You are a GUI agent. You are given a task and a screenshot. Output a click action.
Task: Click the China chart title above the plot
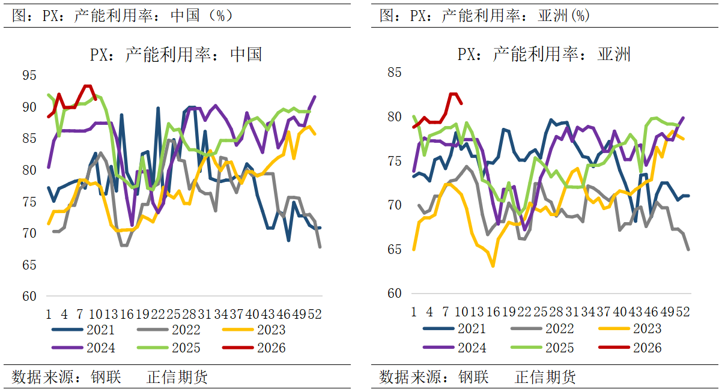click(176, 55)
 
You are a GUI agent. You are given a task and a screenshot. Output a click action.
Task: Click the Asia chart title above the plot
click(544, 55)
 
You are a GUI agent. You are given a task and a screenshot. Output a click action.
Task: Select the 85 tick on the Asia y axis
click(394, 73)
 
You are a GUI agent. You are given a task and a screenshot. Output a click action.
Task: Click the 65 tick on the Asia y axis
click(394, 250)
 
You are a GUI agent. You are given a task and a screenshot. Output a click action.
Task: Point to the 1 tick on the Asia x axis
click(414, 312)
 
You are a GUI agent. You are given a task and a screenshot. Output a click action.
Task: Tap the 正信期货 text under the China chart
click(177, 377)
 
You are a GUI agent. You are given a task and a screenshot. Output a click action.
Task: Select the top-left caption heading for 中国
click(123, 16)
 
